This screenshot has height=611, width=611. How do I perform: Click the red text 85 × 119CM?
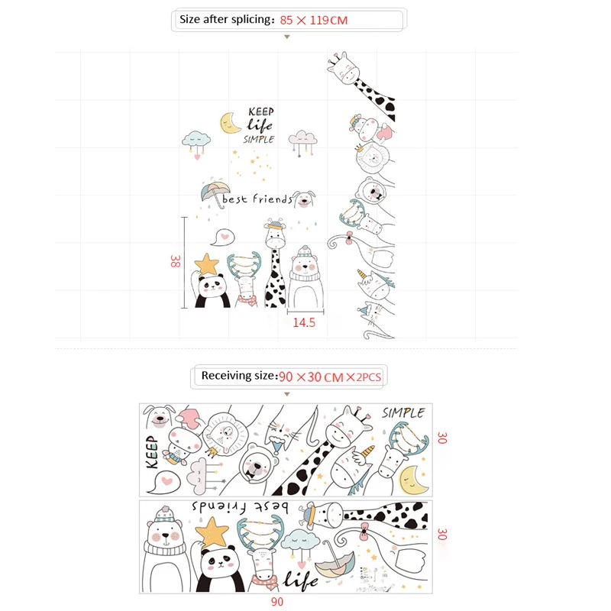314,21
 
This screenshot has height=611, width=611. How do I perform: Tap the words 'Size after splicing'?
225,19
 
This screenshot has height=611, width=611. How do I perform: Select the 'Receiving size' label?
238,376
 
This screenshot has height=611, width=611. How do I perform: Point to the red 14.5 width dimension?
304,322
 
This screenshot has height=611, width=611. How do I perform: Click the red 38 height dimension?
176,261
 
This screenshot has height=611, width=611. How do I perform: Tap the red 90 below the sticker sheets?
277,602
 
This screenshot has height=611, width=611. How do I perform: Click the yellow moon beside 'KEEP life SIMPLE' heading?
229,123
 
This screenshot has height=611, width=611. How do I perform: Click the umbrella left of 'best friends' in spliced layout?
215,193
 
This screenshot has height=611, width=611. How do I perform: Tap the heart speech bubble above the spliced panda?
222,238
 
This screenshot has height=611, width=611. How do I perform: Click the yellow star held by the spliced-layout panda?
207,264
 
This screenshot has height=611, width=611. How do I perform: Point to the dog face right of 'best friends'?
303,199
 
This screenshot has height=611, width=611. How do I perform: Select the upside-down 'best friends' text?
240,507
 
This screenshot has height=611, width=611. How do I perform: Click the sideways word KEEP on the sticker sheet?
152,452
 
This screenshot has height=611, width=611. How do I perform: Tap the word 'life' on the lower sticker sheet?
300,581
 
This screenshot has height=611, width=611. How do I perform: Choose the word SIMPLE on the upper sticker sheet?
403,413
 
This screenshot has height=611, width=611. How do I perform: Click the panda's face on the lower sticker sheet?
221,563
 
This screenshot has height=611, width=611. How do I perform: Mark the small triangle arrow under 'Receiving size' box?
287,394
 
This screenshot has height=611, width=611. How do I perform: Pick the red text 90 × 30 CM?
312,377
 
